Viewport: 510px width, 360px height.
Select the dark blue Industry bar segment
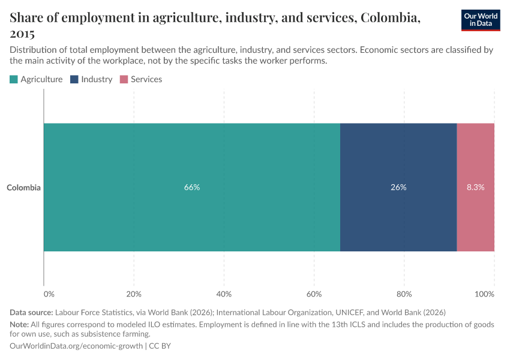[398, 156]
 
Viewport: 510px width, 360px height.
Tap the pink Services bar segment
[476, 156]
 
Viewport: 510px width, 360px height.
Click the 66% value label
[192, 187]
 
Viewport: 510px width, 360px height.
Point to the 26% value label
[398, 187]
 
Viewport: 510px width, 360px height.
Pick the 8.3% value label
[476, 187]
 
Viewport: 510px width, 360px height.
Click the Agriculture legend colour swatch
[14, 79]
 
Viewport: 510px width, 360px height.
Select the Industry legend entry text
[97, 79]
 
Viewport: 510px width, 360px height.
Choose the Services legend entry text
[146, 79]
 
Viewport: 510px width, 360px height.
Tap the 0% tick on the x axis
[49, 294]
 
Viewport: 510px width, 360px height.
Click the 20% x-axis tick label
[134, 294]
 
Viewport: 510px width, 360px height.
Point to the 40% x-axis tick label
[224, 294]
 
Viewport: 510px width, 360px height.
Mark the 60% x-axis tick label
[314, 294]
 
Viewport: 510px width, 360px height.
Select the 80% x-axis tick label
[404, 294]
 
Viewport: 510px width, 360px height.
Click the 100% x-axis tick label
[485, 294]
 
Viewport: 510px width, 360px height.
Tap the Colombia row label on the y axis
[24, 188]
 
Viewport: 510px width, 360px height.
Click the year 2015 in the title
[22, 34]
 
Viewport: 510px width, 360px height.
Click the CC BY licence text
[160, 346]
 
